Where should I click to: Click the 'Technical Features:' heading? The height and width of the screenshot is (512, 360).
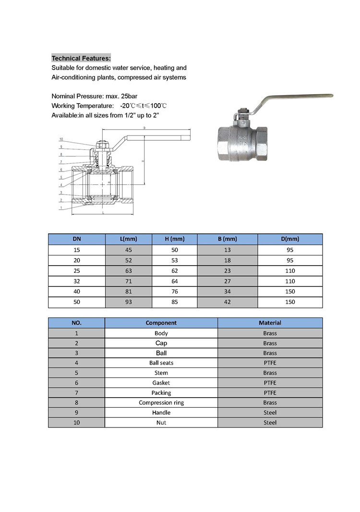pos(81,58)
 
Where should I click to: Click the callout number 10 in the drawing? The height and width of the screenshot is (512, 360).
pos(61,139)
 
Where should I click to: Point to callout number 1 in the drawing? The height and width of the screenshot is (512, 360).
pos(61,207)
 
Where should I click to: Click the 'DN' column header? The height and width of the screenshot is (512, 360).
pos(77,239)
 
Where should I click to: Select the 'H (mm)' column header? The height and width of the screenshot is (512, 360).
pos(175,239)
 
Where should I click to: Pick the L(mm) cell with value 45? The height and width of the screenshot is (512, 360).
pos(128,250)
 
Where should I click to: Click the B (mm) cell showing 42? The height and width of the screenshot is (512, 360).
pos(228,302)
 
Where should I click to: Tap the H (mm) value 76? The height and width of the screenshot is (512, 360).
pos(175,292)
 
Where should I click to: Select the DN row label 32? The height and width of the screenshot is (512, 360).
pos(77,281)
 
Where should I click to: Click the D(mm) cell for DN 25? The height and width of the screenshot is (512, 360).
pos(289,270)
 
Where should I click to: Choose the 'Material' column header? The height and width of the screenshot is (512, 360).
pos(270,323)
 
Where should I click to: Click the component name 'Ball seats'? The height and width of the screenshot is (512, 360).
pos(161,363)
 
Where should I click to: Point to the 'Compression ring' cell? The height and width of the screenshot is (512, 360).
pos(161,402)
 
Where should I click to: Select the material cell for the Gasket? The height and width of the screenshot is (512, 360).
pos(270,383)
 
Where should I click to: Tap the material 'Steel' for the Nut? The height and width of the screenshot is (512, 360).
pos(270,423)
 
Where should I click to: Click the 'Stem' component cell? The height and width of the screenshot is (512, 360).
pos(161,373)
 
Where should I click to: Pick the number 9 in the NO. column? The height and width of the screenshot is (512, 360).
pos(77,413)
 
